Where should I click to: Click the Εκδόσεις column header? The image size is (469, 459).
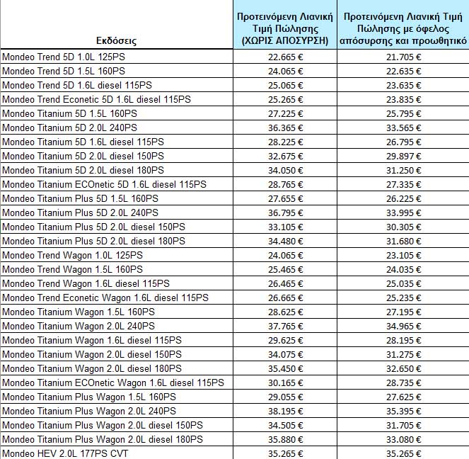click(117, 41)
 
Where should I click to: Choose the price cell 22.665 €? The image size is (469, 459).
click(286, 57)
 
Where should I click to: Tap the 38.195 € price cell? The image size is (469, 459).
click(286, 411)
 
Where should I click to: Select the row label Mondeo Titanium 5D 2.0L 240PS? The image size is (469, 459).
click(70, 127)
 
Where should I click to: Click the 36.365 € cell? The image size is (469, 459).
click(286, 127)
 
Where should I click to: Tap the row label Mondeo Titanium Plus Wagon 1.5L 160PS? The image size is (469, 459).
click(89, 397)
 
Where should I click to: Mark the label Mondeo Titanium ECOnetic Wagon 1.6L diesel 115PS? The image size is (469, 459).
click(113, 382)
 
